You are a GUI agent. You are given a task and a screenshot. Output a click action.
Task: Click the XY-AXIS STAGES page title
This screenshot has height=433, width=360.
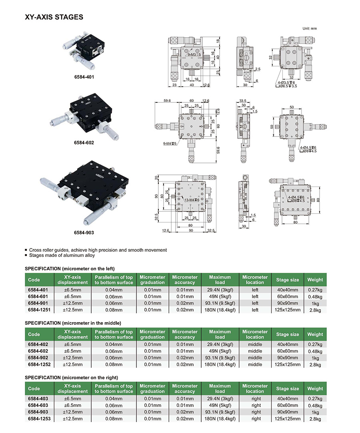tap(54, 17)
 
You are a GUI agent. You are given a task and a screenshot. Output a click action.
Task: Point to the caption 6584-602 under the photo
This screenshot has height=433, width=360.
tap(84, 142)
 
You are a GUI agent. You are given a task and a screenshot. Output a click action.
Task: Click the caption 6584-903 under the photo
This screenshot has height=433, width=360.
tap(84, 232)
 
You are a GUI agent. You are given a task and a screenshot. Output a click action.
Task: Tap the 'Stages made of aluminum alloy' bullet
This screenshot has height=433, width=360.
tap(62, 255)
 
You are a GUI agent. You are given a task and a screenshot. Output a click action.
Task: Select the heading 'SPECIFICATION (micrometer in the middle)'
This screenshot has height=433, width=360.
tap(73, 323)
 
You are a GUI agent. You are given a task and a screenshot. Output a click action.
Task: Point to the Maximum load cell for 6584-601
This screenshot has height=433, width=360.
tap(220, 297)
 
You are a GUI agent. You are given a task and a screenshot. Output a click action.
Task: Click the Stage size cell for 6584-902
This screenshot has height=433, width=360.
tap(287, 358)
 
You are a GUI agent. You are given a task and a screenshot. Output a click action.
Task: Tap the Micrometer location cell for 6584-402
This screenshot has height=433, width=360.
tap(255, 344)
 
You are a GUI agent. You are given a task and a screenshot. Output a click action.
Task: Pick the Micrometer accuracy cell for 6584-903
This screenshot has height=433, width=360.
tap(185, 412)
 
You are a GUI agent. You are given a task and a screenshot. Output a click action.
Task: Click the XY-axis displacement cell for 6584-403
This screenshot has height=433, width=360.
tap(72, 399)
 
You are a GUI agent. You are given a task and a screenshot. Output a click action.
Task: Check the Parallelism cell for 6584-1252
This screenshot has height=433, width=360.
tap(114, 365)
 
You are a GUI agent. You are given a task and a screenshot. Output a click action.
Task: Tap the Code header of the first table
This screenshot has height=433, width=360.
tap(34, 280)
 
